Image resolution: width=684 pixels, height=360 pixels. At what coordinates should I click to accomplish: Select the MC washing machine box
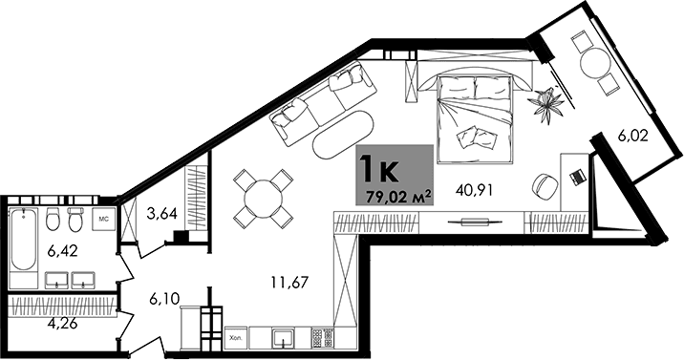pos(105,220)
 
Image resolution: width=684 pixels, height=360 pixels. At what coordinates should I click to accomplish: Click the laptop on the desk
pos(576,177)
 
